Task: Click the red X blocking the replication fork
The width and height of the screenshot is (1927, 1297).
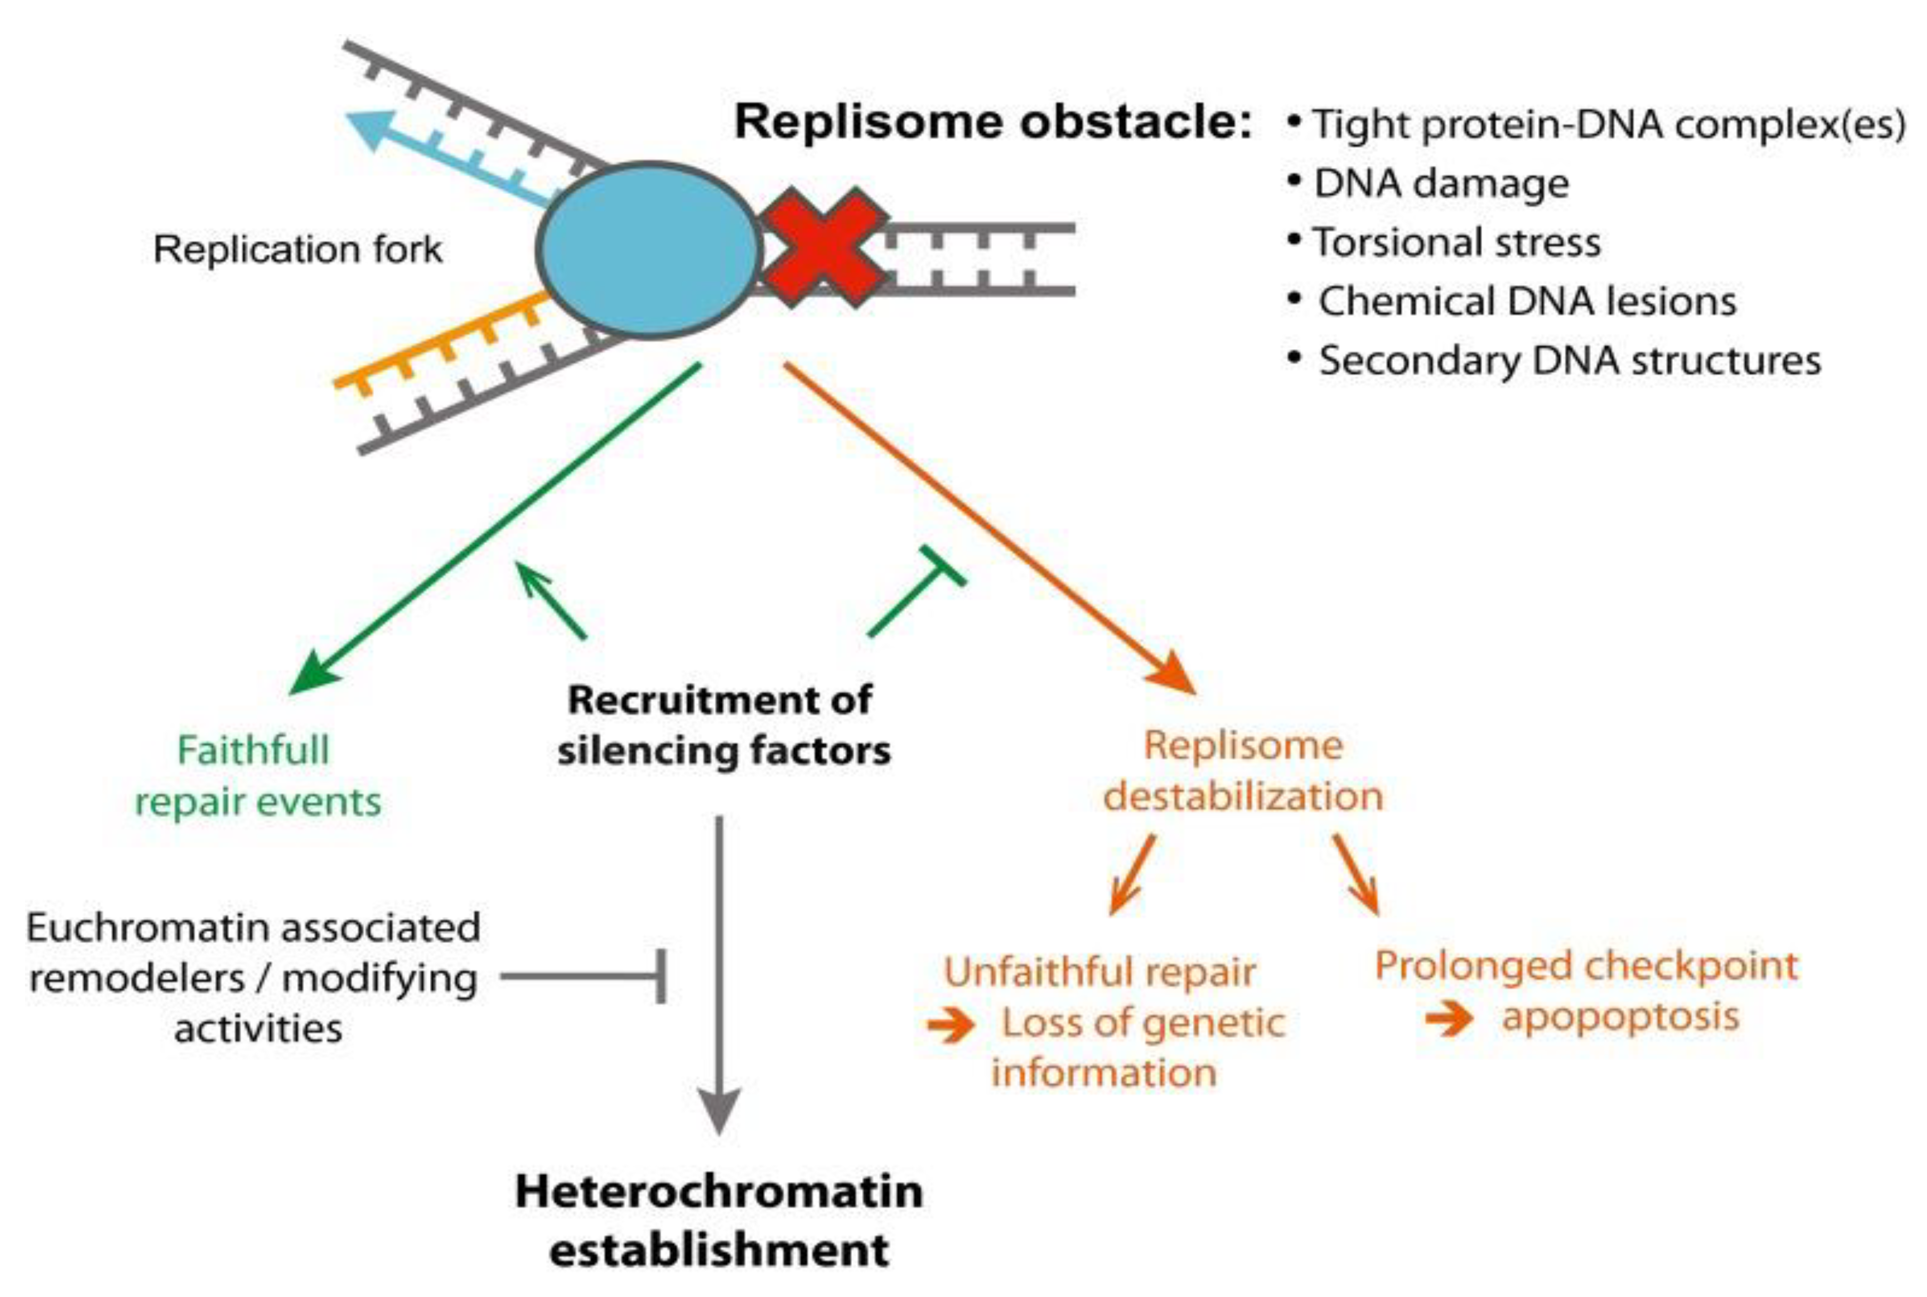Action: pyautogui.click(x=823, y=246)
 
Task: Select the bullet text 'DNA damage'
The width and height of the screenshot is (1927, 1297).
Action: pyautogui.click(x=1441, y=183)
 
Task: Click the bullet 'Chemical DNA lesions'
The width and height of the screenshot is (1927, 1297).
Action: pyautogui.click(x=1527, y=301)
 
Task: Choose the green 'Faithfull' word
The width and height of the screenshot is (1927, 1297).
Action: pyautogui.click(x=254, y=750)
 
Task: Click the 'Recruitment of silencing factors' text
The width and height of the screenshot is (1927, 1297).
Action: pyautogui.click(x=722, y=726)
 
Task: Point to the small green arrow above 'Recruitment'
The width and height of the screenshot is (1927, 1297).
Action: pyautogui.click(x=550, y=600)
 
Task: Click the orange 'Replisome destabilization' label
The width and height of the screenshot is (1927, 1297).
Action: pyautogui.click(x=1242, y=771)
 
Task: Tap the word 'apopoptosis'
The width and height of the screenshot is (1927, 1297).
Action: pyautogui.click(x=1620, y=1018)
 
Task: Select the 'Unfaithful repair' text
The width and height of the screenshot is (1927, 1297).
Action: pyautogui.click(x=1100, y=972)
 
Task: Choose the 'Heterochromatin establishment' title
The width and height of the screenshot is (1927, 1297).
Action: pyautogui.click(x=719, y=1220)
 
